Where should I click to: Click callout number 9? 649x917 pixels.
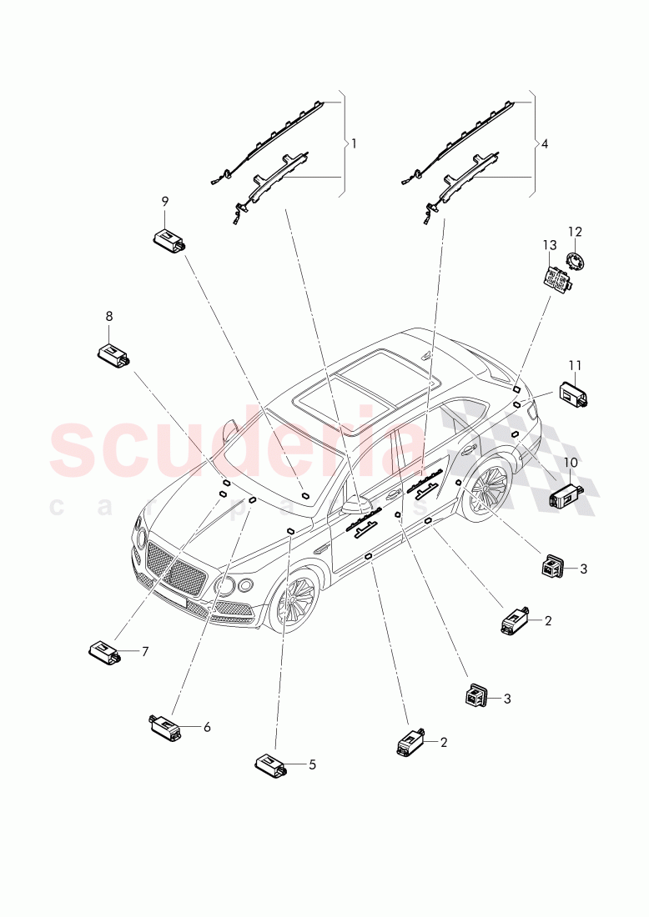(165, 201)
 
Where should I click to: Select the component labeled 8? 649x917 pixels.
(113, 354)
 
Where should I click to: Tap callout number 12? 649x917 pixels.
(575, 232)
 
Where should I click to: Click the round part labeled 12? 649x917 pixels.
(575, 262)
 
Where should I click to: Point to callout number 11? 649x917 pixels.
(575, 365)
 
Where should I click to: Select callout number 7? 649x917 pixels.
(144, 651)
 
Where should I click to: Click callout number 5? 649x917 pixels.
(312, 764)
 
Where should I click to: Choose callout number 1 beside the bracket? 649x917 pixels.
(354, 143)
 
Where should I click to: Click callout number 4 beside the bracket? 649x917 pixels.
(545, 143)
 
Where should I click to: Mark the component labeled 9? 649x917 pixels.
(169, 239)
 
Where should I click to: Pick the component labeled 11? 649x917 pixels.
(574, 393)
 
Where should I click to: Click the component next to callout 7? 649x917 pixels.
(106, 652)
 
